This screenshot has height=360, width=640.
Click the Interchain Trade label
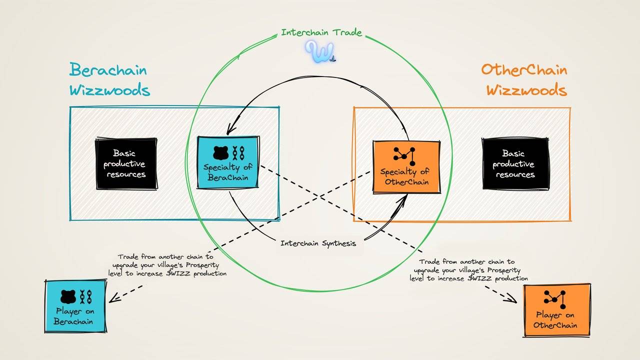[321, 33]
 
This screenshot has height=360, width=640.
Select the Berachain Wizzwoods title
[109, 80]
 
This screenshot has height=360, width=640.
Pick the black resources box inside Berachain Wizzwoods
[126, 164]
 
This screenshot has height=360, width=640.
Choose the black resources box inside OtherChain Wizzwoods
[515, 164]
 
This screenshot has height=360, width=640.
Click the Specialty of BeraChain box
[228, 162]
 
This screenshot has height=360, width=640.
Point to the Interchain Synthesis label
[318, 243]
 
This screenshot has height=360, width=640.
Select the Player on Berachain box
[75, 306]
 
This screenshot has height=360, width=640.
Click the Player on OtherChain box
[556, 310]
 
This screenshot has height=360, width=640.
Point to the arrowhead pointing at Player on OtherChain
[513, 299]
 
